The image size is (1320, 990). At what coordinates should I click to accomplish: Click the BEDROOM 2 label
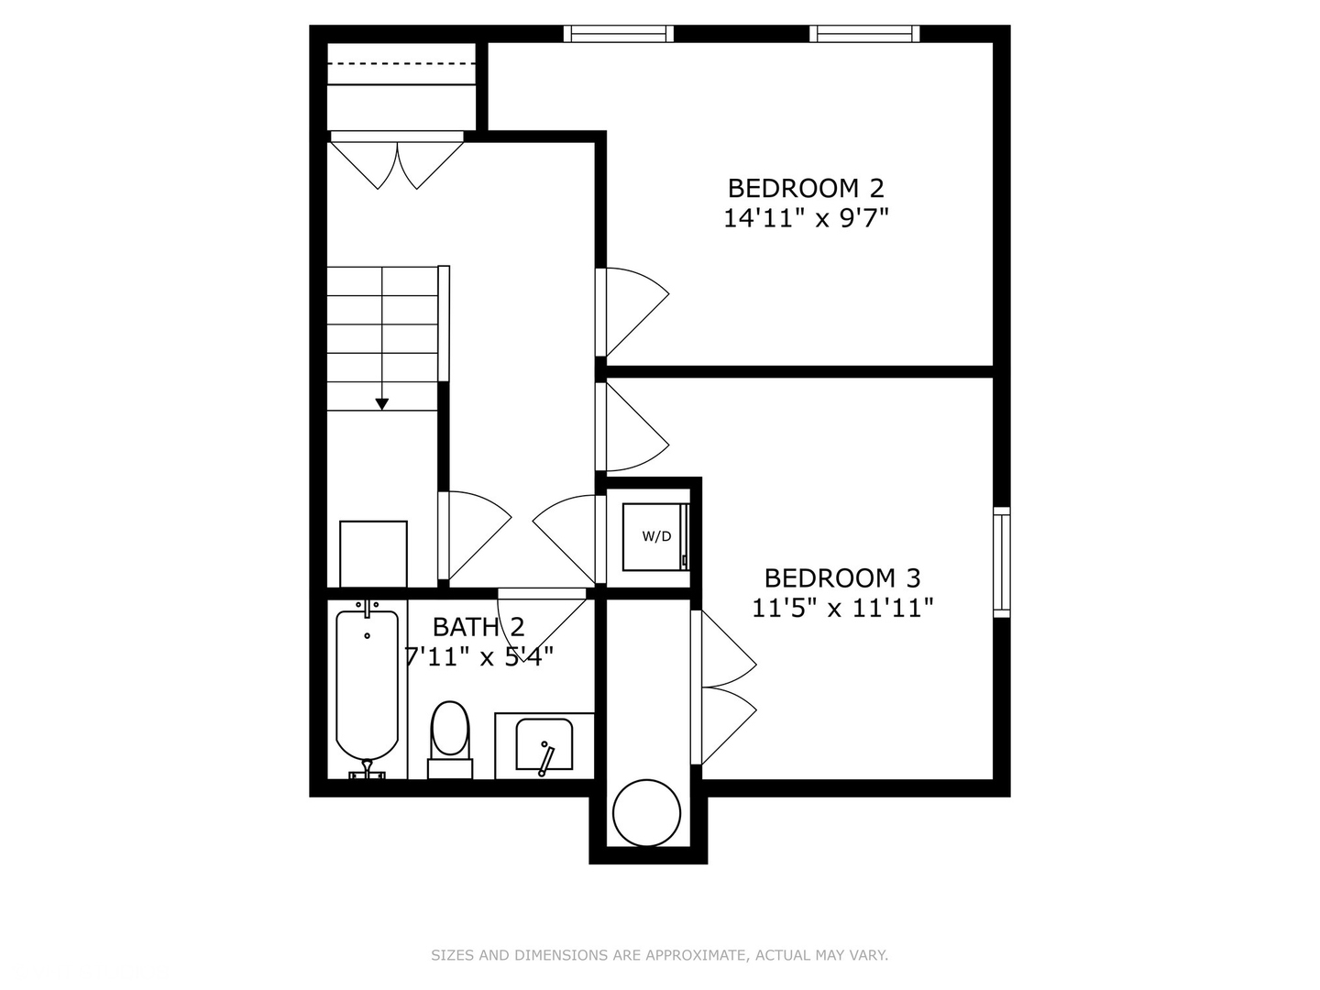click(x=806, y=188)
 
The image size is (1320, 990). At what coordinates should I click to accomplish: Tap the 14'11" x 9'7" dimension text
click(x=806, y=218)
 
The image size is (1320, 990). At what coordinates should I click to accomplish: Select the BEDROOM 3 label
click(x=841, y=578)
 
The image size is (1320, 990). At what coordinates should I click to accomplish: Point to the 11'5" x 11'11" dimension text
click(x=841, y=608)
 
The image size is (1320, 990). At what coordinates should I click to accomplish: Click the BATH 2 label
click(x=478, y=627)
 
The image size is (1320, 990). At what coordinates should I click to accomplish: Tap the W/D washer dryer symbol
click(x=655, y=536)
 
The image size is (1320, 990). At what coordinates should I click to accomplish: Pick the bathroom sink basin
click(x=544, y=744)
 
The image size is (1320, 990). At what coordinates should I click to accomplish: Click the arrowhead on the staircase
click(x=382, y=403)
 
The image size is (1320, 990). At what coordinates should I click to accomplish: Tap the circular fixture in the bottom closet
click(x=646, y=812)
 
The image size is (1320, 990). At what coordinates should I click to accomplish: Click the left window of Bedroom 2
click(x=618, y=34)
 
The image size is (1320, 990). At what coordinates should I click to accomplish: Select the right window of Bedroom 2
click(x=864, y=34)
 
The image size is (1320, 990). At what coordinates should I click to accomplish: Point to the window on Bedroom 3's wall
click(x=1002, y=561)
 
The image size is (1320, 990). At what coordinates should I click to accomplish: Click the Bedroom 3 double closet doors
click(x=726, y=687)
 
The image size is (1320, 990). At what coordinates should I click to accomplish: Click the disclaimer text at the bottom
click(x=659, y=955)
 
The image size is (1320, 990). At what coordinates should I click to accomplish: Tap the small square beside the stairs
click(x=373, y=554)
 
